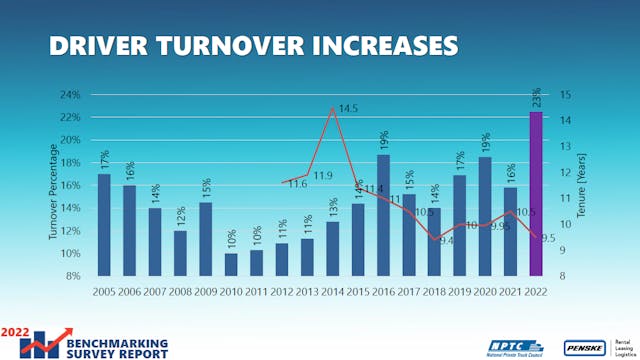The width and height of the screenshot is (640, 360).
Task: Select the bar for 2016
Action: (x=383, y=214)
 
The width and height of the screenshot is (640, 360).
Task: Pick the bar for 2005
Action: (x=104, y=224)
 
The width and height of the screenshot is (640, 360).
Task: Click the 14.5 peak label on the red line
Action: (x=348, y=108)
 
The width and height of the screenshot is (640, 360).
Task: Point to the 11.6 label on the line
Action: (x=297, y=184)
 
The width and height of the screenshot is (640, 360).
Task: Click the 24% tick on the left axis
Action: (x=69, y=96)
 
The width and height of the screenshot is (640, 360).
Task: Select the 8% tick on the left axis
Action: (x=72, y=276)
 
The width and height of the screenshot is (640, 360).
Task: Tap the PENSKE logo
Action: (x=584, y=347)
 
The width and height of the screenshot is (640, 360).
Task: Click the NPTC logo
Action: (x=516, y=347)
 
